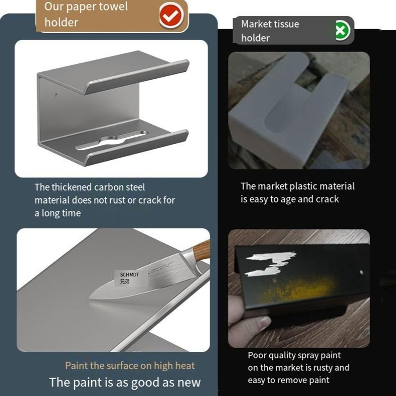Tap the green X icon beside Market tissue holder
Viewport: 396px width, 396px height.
coord(343,30)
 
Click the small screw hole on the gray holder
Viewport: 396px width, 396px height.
coord(55,95)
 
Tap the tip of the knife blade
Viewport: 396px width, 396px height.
coord(91,298)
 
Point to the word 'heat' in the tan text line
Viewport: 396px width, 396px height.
coord(184,366)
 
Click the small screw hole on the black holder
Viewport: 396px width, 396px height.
coord(361,272)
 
